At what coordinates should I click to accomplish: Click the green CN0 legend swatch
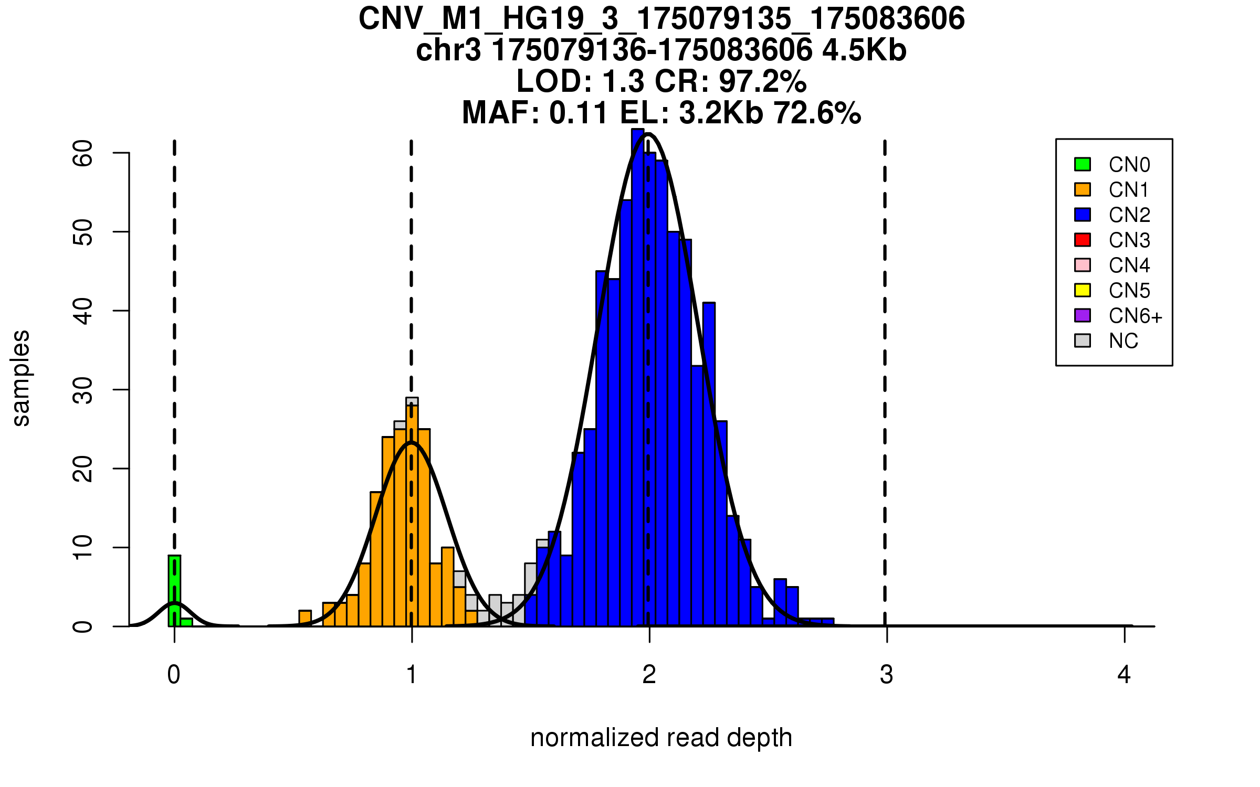pyautogui.click(x=1083, y=164)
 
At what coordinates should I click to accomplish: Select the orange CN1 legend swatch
pyautogui.click(x=1083, y=189)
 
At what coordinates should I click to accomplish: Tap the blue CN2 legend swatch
pyautogui.click(x=1083, y=215)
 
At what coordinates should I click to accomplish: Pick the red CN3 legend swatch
pyautogui.click(x=1083, y=240)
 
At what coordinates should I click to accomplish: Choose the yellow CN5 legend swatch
pyautogui.click(x=1083, y=290)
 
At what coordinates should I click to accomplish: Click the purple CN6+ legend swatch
pyautogui.click(x=1083, y=315)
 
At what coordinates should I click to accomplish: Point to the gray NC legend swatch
pyautogui.click(x=1083, y=341)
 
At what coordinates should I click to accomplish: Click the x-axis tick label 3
pyautogui.click(x=887, y=675)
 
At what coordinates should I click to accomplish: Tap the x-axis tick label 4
pyautogui.click(x=1124, y=675)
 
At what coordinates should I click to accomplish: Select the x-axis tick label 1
pyautogui.click(x=412, y=675)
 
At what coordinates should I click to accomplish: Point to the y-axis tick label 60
pyautogui.click(x=83, y=153)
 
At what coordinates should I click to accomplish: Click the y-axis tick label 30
pyautogui.click(x=83, y=390)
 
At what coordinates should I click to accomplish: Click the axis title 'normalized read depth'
pyautogui.click(x=661, y=738)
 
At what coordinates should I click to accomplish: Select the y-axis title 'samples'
pyautogui.click(x=21, y=378)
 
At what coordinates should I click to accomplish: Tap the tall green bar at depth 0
pyautogui.click(x=174, y=590)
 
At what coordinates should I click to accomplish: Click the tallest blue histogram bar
pyautogui.click(x=638, y=378)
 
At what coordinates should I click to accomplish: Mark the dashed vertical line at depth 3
pyautogui.click(x=885, y=367)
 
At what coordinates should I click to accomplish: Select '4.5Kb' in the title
pyautogui.click(x=864, y=50)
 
